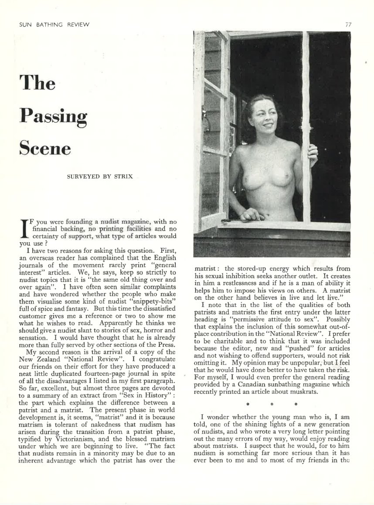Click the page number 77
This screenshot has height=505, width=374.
(x=348, y=24)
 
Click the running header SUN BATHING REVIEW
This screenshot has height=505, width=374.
(x=54, y=24)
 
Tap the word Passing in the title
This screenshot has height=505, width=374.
(x=54, y=116)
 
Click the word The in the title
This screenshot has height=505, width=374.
(x=38, y=83)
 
